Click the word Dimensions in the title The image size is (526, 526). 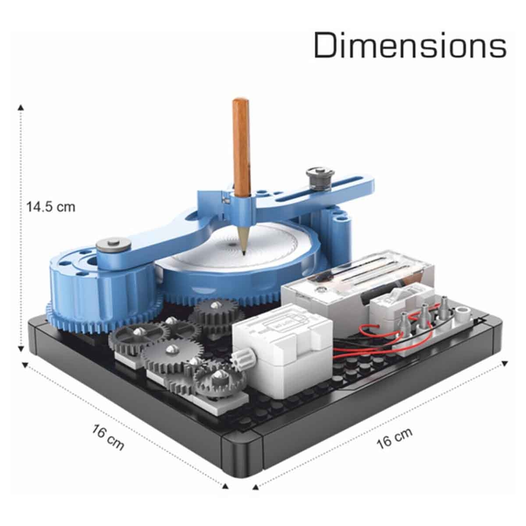click(410, 45)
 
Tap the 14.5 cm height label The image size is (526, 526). click(51, 207)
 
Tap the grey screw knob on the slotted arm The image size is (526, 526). click(320, 178)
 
